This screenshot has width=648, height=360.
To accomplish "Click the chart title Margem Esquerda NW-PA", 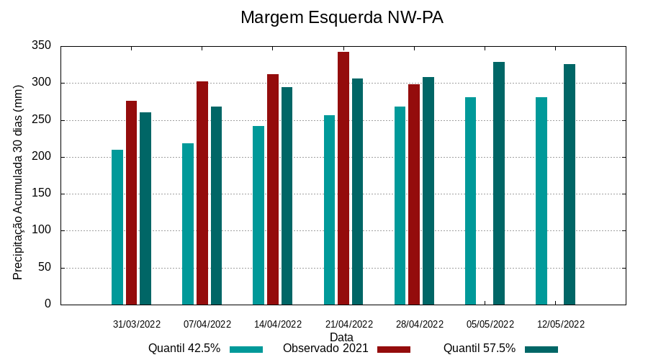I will point(341,17).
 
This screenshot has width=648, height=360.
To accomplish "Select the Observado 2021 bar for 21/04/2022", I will point(343,178).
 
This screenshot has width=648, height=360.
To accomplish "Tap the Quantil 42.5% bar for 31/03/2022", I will point(117,227).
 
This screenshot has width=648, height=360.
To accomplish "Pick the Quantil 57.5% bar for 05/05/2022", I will point(499,183).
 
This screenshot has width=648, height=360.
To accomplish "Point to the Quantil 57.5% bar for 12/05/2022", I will point(570,184).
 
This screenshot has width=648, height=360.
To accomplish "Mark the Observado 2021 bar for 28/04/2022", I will point(414,194).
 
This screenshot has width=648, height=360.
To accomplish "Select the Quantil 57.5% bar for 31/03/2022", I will point(145,208).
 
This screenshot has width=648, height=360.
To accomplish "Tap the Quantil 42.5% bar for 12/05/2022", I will point(541,201).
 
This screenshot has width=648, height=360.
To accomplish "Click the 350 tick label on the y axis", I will point(42,46).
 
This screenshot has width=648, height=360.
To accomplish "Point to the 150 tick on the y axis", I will point(42,194).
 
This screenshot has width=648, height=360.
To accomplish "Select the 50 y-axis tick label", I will point(45,268).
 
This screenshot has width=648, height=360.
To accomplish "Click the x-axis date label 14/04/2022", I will point(278,324).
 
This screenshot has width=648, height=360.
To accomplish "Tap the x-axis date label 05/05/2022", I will point(490,324).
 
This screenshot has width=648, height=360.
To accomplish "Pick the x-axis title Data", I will point(341,337).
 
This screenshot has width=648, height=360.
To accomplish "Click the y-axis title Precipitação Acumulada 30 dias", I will point(19,181).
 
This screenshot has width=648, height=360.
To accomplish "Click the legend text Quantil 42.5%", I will point(184,348).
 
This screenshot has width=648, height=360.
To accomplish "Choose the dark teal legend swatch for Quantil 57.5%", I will point(541,349).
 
